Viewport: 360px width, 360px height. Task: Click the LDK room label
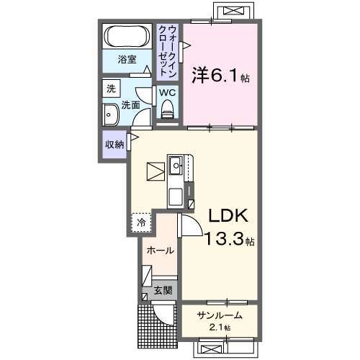(x=228, y=216)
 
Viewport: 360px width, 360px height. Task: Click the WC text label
(x=167, y=93)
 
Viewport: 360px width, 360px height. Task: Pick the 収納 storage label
(x=114, y=144)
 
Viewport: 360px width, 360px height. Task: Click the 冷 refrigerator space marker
(x=142, y=222)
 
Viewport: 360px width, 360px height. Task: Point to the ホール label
(x=159, y=251)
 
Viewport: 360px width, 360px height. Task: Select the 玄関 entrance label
(x=163, y=291)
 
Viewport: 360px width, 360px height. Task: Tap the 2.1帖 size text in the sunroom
(x=219, y=328)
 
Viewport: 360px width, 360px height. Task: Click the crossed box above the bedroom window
(x=235, y=12)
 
